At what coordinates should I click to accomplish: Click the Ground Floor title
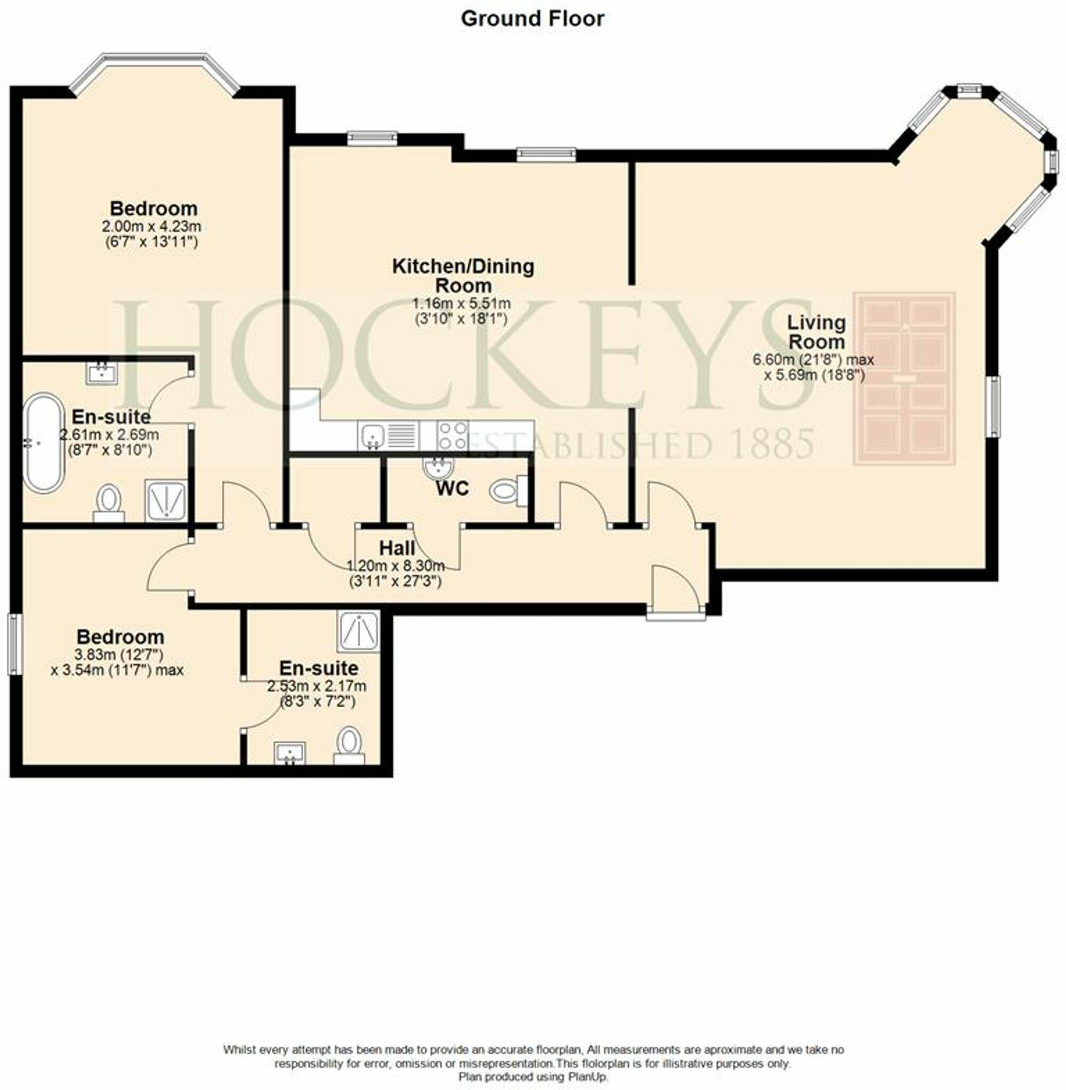[x=532, y=19]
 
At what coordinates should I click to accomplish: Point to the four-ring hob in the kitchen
[x=453, y=435]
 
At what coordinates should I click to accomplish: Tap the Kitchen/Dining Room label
[x=463, y=275]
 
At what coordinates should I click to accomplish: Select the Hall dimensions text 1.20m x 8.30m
[x=396, y=565]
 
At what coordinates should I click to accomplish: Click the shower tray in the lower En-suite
[x=358, y=631]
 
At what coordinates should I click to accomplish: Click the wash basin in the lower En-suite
[x=290, y=752]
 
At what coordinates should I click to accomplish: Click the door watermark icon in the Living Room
[x=903, y=378]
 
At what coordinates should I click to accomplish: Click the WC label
[x=453, y=488]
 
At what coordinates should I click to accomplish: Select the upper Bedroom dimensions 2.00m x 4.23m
[x=151, y=227]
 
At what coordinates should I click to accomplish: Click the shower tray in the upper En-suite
[x=166, y=500]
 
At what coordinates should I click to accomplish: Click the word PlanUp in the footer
[x=589, y=1077]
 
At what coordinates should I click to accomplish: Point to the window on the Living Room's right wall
[x=995, y=407]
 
